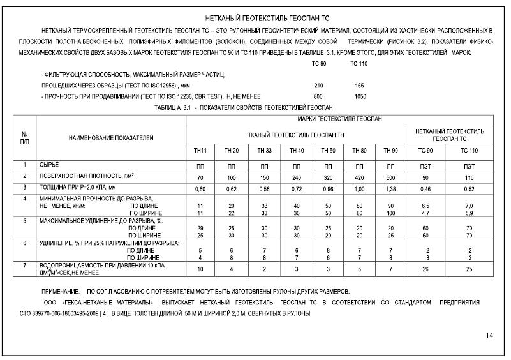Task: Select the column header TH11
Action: pos(200,151)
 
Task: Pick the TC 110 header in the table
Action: pos(469,151)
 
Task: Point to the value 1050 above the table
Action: pos(360,96)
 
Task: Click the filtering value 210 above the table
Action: pos(319,85)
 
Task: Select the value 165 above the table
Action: pos(359,85)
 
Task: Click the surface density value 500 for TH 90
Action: pos(390,176)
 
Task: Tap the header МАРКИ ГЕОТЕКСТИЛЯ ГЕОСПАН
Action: pos(339,120)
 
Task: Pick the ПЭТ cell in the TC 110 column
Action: pos(469,165)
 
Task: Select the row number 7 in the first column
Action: pos(24,265)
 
